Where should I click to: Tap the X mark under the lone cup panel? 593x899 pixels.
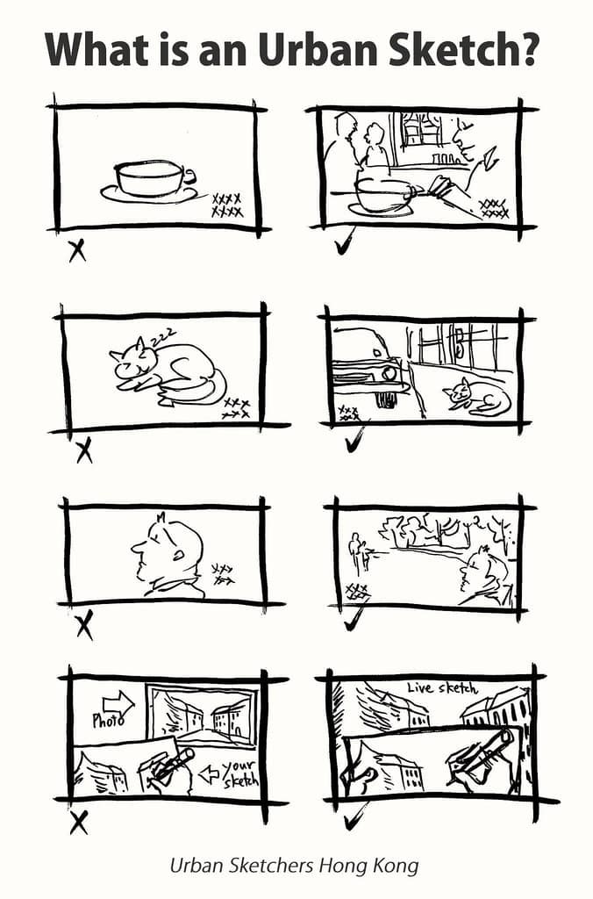point(77,250)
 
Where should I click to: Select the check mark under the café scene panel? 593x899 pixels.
point(344,242)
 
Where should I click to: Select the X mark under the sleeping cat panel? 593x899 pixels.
point(84,451)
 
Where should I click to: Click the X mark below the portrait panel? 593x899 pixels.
point(84,626)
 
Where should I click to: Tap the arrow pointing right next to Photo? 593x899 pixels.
point(117,702)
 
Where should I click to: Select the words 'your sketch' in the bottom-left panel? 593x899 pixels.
point(237,772)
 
